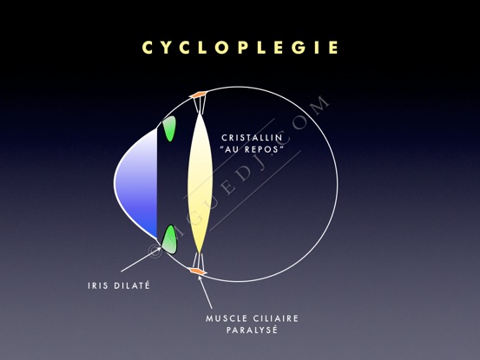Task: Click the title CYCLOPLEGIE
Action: tap(240, 48)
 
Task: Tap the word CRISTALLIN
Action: tap(252, 138)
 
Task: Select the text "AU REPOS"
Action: tap(251, 149)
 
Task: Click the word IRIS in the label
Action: tap(98, 285)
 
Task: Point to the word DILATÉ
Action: tap(132, 285)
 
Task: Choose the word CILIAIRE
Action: tap(275, 318)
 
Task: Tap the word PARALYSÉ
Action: tap(252, 330)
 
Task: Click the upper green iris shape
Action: tap(169, 128)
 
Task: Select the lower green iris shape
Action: tap(169, 239)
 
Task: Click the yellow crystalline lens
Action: tap(200, 183)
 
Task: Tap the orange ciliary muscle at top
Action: tap(198, 95)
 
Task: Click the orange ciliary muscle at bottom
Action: tap(197, 271)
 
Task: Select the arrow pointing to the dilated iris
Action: tap(141, 259)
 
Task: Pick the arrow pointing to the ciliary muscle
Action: tap(205, 291)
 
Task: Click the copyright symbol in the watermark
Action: tap(155, 250)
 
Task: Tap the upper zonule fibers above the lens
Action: tap(200, 104)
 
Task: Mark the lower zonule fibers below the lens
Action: tap(199, 261)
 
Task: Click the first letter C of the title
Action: tap(148, 48)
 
